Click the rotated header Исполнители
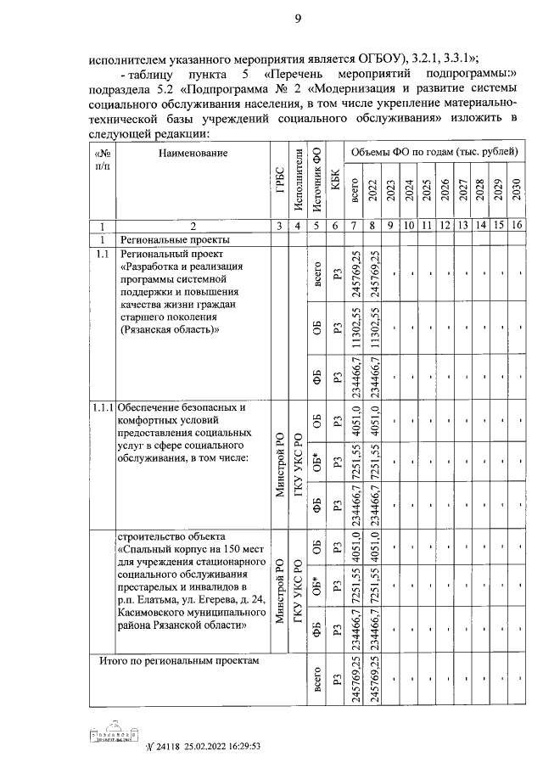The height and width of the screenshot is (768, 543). pyautogui.click(x=297, y=178)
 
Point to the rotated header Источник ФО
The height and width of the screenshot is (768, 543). pyautogui.click(x=316, y=179)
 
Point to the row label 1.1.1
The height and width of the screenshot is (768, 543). pyautogui.click(x=102, y=407)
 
